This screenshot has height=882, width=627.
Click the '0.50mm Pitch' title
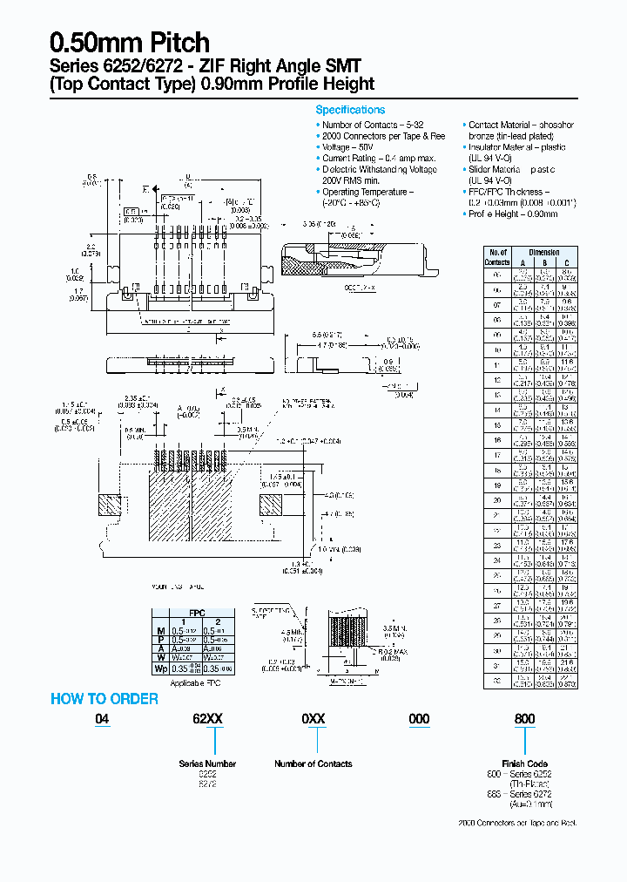pyautogui.click(x=130, y=42)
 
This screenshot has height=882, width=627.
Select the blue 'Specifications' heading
pyautogui.click(x=349, y=110)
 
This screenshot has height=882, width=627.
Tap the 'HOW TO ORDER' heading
pyautogui.click(x=104, y=698)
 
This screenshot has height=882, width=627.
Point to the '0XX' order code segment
pyautogui.click(x=313, y=719)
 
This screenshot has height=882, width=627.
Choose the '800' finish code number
pyautogui.click(x=525, y=719)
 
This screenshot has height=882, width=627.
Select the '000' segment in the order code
pyautogui.click(x=419, y=719)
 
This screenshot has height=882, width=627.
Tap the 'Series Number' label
pyautogui.click(x=207, y=763)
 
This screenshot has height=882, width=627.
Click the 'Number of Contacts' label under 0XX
pyautogui.click(x=313, y=763)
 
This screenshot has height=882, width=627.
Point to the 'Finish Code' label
pyautogui.click(x=525, y=763)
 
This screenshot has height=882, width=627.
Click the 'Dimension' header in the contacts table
pyautogui.click(x=544, y=252)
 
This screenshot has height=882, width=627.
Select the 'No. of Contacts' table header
pyautogui.click(x=497, y=257)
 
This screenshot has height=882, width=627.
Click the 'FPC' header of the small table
pyautogui.click(x=198, y=614)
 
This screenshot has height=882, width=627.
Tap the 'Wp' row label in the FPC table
pyautogui.click(x=160, y=668)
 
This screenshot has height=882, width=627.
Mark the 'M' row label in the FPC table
pyautogui.click(x=160, y=630)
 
